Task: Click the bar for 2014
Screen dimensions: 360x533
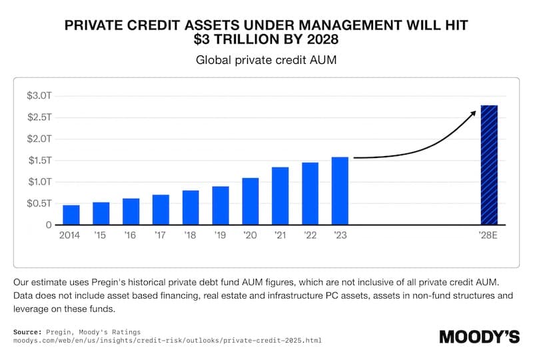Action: [71, 215]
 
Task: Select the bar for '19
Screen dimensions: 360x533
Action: [221, 205]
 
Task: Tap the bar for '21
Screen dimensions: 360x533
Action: [280, 196]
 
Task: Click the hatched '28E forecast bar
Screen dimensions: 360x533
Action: [489, 165]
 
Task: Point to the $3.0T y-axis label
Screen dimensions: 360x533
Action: [39, 96]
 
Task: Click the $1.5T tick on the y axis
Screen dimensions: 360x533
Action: [39, 161]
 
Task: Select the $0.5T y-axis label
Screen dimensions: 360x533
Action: [39, 203]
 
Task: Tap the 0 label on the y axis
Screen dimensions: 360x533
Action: [49, 225]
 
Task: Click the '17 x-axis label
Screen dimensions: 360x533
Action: [161, 235]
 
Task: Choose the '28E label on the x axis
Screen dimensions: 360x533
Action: [489, 235]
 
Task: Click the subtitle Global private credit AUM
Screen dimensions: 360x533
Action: [266, 60]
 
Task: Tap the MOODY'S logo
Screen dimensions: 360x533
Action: [479, 337]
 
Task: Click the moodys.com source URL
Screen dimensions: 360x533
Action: [167, 341]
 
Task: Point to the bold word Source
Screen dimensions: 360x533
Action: [27, 331]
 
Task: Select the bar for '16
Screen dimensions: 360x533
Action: [131, 211]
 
